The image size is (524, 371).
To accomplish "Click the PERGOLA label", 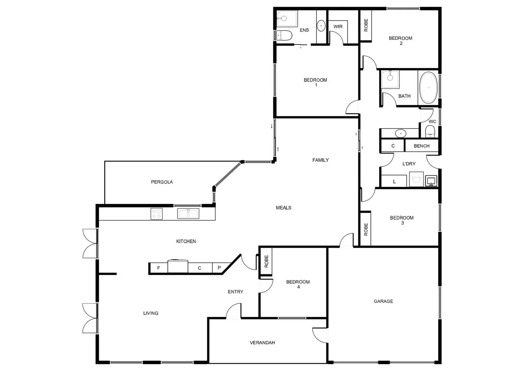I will point(162,182).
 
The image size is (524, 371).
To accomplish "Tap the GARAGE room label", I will point(383,301).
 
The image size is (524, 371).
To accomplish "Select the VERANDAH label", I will point(262,342).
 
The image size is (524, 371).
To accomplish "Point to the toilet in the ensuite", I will point(284,35).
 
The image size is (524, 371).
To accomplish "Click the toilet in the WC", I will point(430,131).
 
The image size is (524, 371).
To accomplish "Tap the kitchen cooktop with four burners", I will point(156,214).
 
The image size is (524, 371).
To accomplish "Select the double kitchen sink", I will point(188,213).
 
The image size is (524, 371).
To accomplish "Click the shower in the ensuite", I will point(287,19).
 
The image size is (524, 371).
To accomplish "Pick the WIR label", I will point(338,26).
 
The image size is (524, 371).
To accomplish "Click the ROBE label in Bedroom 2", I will point(366,25).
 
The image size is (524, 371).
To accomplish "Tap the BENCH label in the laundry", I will point(421,146).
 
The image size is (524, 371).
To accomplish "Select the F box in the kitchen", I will point(159,268).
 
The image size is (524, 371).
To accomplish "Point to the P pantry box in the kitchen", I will point(219,268).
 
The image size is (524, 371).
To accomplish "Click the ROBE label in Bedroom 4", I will point(266,261).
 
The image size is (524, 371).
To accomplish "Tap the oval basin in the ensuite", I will point(321,25).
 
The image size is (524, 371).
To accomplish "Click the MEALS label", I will point(283,207).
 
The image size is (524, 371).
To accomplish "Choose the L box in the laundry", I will point(394,181).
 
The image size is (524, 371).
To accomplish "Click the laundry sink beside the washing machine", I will point(431,180).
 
